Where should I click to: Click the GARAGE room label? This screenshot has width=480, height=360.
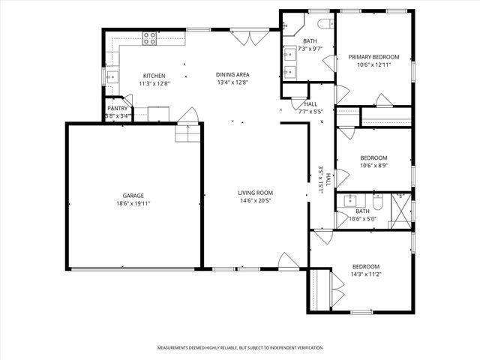pyautogui.click(x=133, y=196)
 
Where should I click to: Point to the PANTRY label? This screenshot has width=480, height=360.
pyautogui.click(x=118, y=108)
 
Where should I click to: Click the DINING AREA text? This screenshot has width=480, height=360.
pyautogui.click(x=232, y=75)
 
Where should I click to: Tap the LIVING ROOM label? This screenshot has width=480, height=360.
pyautogui.click(x=255, y=193)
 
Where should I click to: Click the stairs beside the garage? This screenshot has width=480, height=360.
pyautogui.click(x=185, y=133)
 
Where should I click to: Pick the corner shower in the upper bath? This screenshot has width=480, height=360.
pyautogui.click(x=288, y=26)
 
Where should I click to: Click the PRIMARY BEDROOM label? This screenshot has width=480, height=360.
pyautogui.click(x=373, y=57)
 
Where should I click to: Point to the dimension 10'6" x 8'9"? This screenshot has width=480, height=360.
pyautogui.click(x=373, y=166)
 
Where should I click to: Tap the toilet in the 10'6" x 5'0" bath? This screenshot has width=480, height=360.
pyautogui.click(x=378, y=202)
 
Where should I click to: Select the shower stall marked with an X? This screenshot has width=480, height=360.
pyautogui.click(x=400, y=209)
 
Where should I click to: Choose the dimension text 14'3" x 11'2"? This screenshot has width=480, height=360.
pyautogui.click(x=366, y=274)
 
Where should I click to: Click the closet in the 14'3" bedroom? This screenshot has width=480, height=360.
pyautogui.click(x=316, y=288)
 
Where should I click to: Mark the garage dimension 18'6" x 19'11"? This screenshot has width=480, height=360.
pyautogui.click(x=133, y=203)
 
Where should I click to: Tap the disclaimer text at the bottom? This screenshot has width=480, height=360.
pyautogui.click(x=239, y=348)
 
